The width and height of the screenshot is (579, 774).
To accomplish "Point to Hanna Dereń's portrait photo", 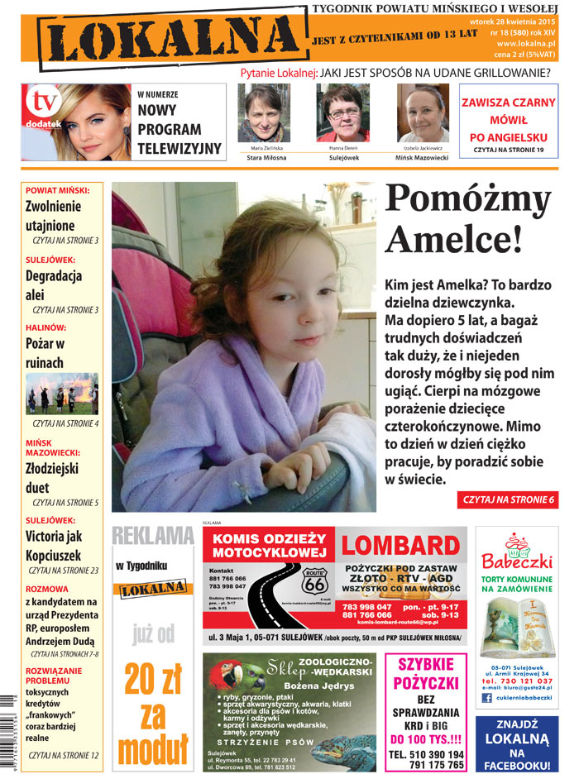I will click(x=342, y=113).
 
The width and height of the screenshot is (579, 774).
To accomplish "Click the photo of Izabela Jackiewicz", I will click(x=423, y=113).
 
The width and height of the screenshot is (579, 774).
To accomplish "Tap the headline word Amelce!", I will click(x=454, y=239).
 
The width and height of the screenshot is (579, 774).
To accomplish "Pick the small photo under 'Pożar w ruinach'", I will click(x=62, y=393).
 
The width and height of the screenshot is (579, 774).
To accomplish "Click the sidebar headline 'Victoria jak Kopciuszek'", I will click(x=54, y=546).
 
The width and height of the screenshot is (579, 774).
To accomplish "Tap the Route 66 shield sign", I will click(x=314, y=582).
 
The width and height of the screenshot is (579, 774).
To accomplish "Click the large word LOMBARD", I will click(x=400, y=546).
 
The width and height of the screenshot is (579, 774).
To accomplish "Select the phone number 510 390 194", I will click(x=426, y=755).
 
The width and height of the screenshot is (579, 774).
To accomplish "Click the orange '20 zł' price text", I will click(x=152, y=681).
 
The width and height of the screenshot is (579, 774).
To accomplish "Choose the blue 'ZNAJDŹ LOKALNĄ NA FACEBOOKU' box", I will click(x=516, y=739).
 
